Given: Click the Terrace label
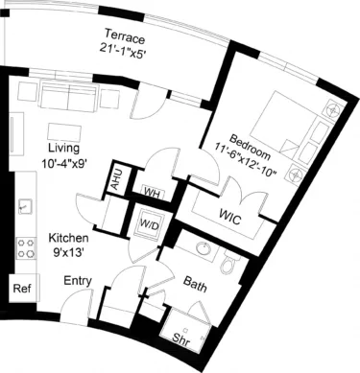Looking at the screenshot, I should [126, 39].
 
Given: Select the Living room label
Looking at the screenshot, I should [65, 149].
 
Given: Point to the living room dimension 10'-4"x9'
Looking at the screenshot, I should [65, 163].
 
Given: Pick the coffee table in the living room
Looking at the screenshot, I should [64, 128].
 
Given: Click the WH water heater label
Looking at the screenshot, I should [149, 191].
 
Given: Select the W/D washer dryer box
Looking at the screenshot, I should [150, 225].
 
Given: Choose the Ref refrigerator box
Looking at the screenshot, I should [21, 287].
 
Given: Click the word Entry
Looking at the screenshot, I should [78, 281].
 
